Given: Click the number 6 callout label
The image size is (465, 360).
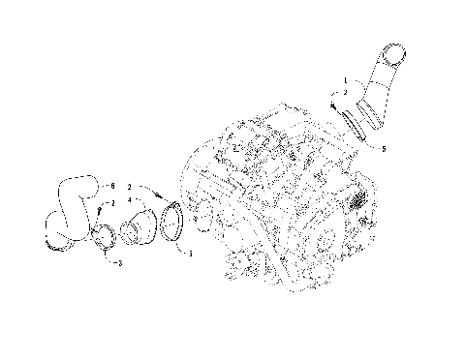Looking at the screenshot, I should point(112,185).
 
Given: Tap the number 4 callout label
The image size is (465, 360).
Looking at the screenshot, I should point(129,201).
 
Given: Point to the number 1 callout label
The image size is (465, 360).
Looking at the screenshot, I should point(342,79).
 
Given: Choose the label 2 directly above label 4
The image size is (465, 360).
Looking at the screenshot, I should point(129,186).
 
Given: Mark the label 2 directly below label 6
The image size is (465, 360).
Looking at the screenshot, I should point(112,202).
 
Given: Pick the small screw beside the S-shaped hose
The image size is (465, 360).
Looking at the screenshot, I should point(100,208).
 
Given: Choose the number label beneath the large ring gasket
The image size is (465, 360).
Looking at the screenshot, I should point(190,255).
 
